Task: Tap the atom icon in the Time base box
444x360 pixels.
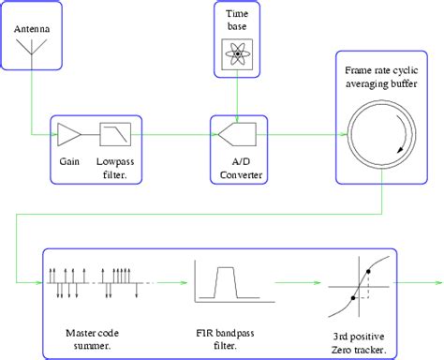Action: pos(240,54)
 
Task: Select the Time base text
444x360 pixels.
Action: pos(240,22)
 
